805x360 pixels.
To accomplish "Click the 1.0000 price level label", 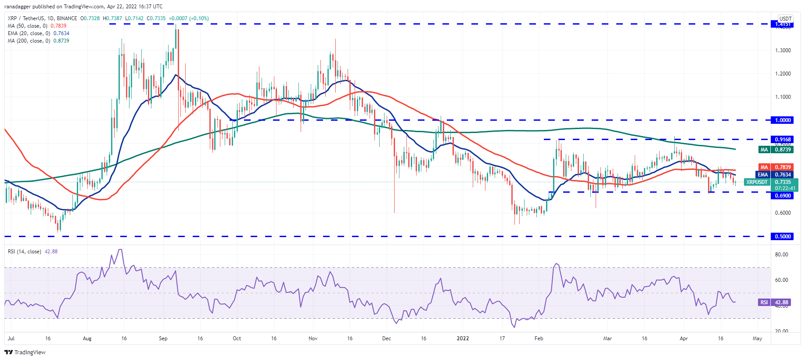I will tap(783, 120).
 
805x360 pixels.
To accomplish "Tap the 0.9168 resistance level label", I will tap(783, 140).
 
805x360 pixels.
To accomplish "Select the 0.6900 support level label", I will tap(783, 196).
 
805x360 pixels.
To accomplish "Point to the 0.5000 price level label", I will tap(783, 237).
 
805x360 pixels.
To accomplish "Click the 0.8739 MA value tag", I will tap(783, 150).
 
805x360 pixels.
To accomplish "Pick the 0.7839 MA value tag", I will tap(783, 167).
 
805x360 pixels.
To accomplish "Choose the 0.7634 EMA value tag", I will tap(783, 175).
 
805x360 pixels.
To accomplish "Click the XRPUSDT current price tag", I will tap(757, 182).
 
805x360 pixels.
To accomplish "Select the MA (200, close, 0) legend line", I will tap(38, 41).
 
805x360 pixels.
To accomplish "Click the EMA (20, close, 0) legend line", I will tap(38, 33).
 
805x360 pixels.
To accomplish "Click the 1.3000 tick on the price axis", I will tap(783, 50).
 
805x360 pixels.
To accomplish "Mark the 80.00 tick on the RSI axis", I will tap(782, 255).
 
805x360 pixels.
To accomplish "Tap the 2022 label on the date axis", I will tap(463, 338).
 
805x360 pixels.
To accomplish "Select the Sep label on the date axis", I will tap(163, 338).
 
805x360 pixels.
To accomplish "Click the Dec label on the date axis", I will tap(386, 338).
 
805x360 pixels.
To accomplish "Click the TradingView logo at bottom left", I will tap(25, 352).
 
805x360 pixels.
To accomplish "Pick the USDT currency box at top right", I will tap(785, 19).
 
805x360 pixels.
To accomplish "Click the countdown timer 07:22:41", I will tap(785, 188).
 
